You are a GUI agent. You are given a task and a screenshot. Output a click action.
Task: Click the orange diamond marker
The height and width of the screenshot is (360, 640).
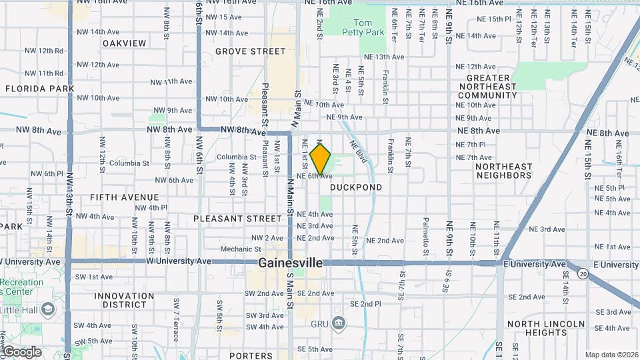[321, 159]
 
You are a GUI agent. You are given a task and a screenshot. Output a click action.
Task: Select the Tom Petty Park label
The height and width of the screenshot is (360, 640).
[368, 27]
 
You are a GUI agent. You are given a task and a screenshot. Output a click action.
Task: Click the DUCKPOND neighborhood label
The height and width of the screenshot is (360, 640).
[356, 187]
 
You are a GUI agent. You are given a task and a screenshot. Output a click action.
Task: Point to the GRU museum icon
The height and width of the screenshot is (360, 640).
[339, 324]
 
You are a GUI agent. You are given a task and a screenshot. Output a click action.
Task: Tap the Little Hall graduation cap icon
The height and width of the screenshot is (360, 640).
[48, 309]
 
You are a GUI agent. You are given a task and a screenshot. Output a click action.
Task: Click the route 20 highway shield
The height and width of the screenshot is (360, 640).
[583, 273]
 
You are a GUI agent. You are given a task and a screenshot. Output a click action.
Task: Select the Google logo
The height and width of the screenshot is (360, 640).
[22, 352]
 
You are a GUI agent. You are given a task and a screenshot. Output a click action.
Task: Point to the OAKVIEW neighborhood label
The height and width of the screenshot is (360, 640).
[125, 43]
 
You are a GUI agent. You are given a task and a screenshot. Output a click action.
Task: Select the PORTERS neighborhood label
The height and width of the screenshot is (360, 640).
[251, 356]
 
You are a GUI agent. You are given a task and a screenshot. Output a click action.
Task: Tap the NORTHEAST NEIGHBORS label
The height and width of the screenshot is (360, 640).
[504, 171]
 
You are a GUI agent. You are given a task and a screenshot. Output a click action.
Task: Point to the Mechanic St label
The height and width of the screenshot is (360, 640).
[236, 249]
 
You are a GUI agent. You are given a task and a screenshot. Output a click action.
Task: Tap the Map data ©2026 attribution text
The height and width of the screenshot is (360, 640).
[611, 355]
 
